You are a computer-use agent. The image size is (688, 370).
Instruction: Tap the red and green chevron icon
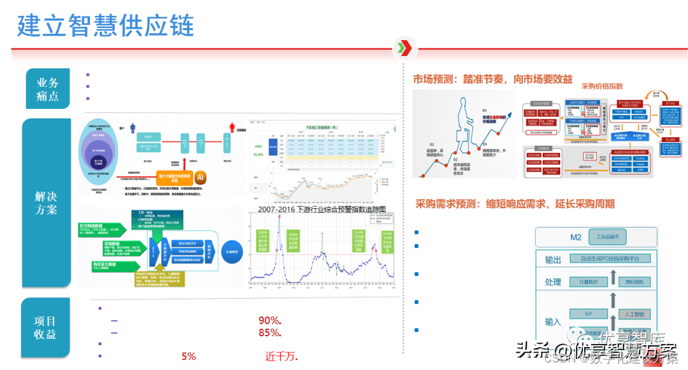click(405, 48)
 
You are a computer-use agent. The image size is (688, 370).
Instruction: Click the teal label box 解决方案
click(47, 202)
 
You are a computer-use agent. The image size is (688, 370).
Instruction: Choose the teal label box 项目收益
click(46, 327)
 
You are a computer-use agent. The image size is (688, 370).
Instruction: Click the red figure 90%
click(270, 320)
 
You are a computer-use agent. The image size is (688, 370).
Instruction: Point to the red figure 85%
click(270, 332)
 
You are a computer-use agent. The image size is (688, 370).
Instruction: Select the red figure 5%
click(189, 357)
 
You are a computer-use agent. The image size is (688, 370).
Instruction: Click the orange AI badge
click(200, 176)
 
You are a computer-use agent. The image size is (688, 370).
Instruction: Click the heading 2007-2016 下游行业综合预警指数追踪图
click(322, 210)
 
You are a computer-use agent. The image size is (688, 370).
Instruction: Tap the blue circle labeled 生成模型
click(232, 251)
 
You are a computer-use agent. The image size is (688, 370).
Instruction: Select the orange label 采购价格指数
click(602, 85)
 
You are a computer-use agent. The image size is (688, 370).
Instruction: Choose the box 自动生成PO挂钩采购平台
click(612, 259)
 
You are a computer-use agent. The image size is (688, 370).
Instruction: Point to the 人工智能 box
click(634, 314)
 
